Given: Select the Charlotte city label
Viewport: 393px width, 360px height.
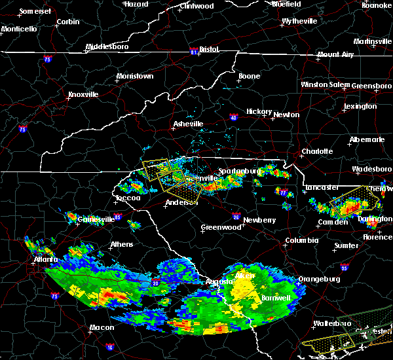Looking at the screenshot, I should click(316, 152).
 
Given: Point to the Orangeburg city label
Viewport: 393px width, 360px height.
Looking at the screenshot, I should click(319, 279).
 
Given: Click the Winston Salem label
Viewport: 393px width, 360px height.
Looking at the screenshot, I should click(326, 85).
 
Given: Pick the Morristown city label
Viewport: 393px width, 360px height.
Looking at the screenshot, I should click(134, 77).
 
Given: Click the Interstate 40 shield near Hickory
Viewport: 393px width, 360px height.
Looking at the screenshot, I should click(234, 118).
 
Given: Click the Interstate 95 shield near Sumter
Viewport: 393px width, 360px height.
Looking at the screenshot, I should click(345, 268).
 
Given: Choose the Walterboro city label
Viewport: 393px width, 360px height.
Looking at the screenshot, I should click(333, 323).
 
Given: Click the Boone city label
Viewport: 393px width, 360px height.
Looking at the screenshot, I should click(249, 77).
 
